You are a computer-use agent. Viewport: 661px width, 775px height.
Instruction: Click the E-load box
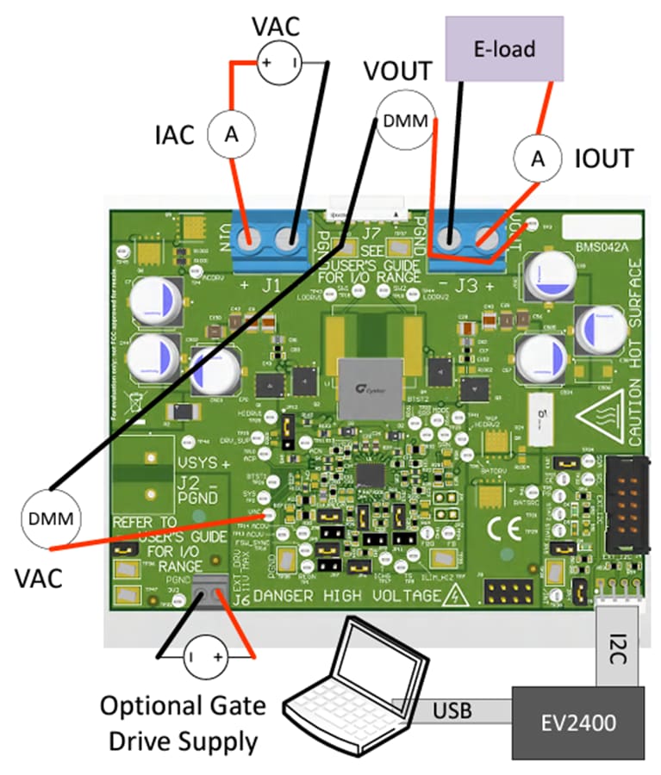coord(504,48)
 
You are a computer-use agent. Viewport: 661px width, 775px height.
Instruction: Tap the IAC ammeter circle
coord(230,133)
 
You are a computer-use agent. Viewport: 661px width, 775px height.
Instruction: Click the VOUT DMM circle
coord(405,121)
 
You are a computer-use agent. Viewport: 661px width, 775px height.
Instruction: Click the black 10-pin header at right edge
coord(621,504)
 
